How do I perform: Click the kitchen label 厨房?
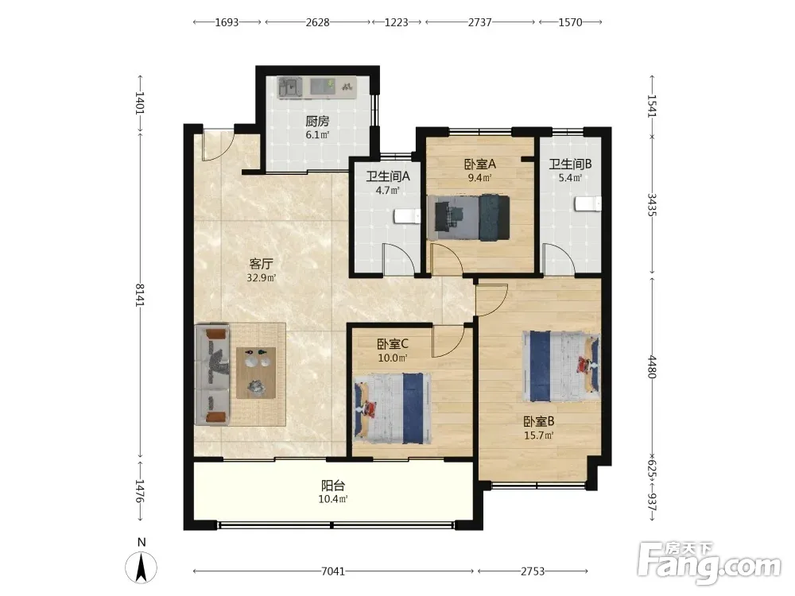point(317,121)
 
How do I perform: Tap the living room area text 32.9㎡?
point(261,277)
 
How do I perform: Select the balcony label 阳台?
point(333,486)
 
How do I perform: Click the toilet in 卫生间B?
point(588,203)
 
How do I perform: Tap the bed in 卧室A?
point(468,217)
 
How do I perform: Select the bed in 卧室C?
point(393,408)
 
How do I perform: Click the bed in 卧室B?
point(561,366)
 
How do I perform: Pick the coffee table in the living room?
point(256,373)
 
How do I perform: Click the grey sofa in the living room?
point(212,375)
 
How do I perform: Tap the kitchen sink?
point(290,87)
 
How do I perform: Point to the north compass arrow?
point(141,567)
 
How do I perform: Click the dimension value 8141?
point(140,295)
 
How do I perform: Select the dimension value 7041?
point(333,571)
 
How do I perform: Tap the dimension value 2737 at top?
point(479,22)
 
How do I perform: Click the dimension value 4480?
point(652,366)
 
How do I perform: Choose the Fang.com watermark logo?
point(710,562)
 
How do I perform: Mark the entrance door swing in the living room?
point(216,145)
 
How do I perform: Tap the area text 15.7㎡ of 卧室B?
point(538,435)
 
